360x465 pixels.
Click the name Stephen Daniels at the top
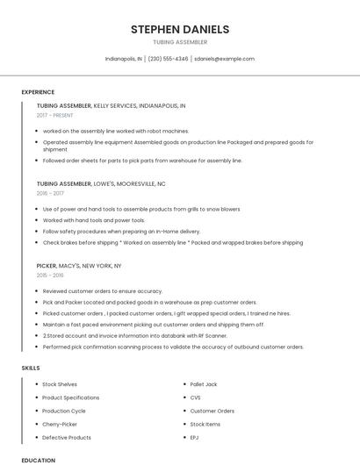tap(180, 29)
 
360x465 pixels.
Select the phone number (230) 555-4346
tap(168, 59)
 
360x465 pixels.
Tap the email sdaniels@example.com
tap(224, 59)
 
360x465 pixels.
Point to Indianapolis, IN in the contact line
tap(124, 59)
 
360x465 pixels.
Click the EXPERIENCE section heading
tap(38, 92)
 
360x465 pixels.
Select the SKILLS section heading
tap(31, 368)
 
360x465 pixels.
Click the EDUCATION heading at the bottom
tap(38, 460)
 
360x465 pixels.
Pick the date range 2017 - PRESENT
tap(54, 115)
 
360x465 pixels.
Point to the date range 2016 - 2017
tap(50, 193)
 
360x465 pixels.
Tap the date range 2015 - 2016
tap(50, 275)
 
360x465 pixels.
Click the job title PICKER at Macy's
tap(46, 265)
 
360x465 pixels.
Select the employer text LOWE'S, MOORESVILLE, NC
tap(130, 183)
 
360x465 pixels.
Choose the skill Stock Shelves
tap(60, 384)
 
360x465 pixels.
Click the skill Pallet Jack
tap(204, 384)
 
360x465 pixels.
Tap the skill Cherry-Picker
tap(60, 424)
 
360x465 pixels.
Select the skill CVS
tap(195, 397)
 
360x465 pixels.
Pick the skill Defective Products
tap(67, 437)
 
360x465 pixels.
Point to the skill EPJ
tap(195, 437)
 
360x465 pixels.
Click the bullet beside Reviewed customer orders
tap(36, 290)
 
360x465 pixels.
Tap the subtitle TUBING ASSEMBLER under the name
tap(180, 42)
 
